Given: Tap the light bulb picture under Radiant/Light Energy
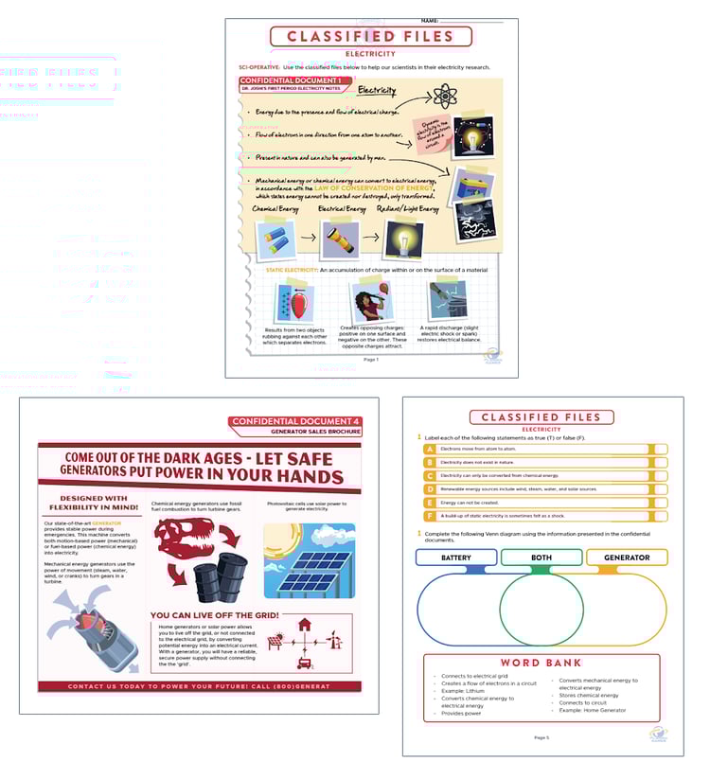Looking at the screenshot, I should point(402,239).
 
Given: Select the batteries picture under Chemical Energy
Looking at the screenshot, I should point(275,239).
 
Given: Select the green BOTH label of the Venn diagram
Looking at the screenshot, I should point(541,558).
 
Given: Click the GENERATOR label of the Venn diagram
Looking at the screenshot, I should point(627,558).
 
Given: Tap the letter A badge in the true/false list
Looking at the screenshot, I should point(429,450).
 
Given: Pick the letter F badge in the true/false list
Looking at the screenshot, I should point(429,516).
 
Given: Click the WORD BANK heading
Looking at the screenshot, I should point(541,663).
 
